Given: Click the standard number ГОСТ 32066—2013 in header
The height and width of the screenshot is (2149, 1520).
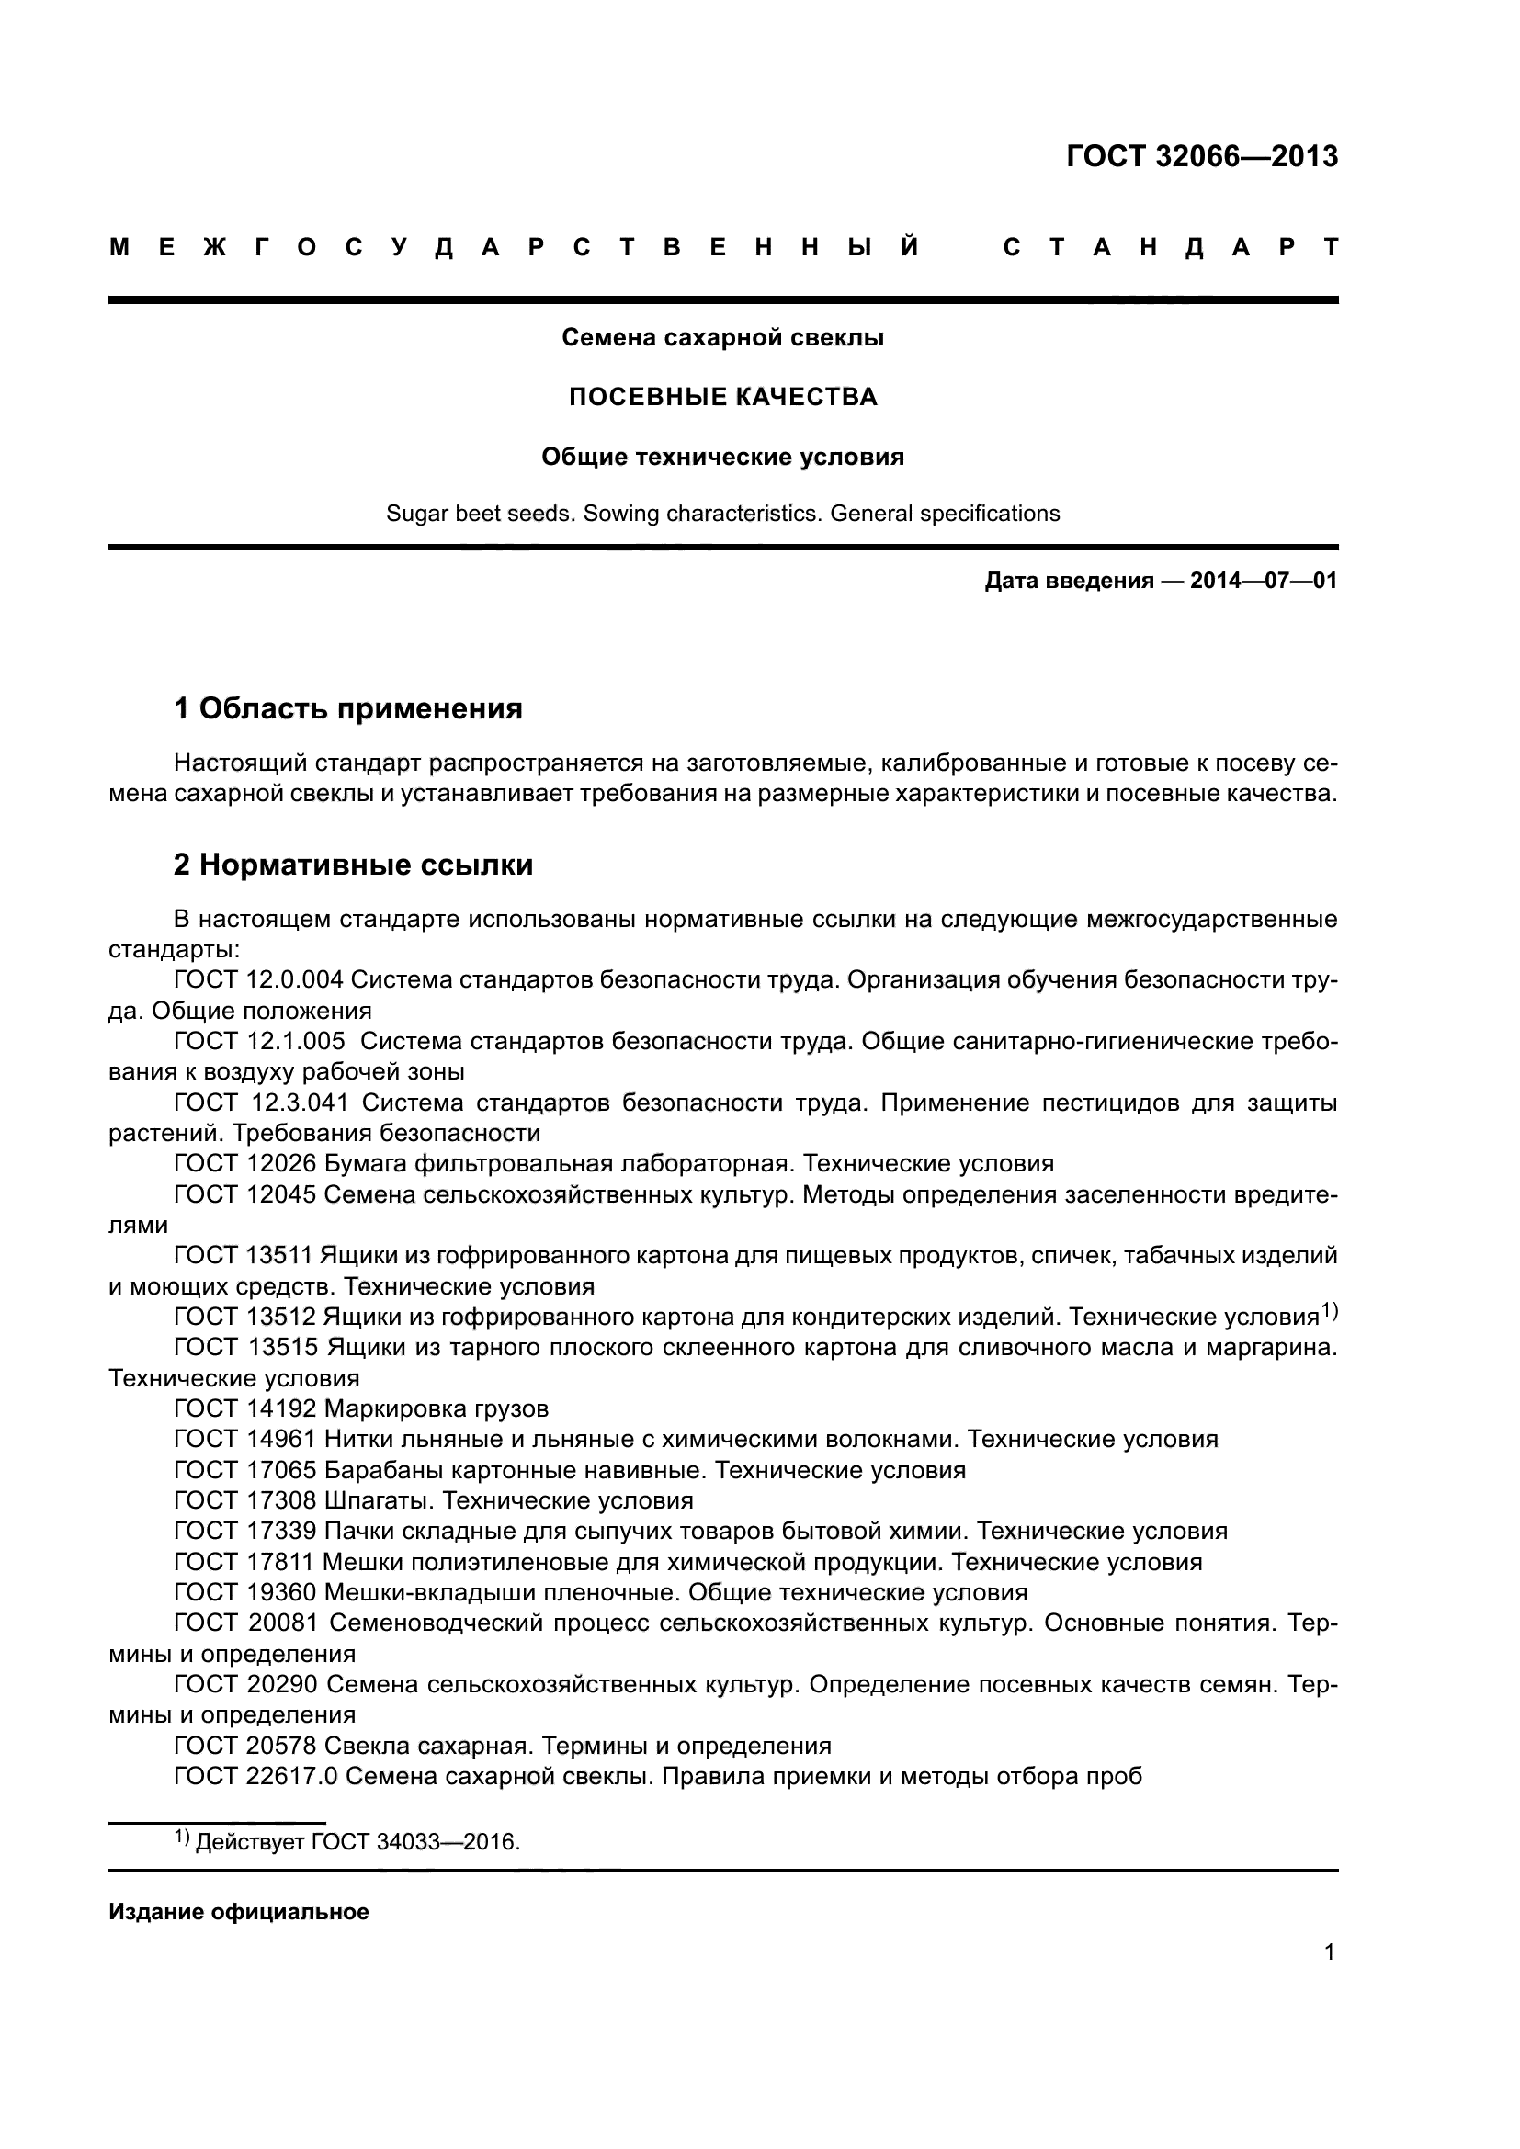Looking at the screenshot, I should (x=1202, y=156).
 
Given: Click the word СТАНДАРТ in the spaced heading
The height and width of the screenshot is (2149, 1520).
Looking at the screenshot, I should (x=1171, y=248).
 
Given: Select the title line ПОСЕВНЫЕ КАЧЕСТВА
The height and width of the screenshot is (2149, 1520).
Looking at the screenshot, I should (x=722, y=397).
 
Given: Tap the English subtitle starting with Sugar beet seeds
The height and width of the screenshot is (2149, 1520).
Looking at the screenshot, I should (x=722, y=514).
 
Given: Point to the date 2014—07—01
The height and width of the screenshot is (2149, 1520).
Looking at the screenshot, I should (x=1263, y=582).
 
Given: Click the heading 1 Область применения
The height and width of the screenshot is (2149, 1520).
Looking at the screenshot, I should (x=348, y=708).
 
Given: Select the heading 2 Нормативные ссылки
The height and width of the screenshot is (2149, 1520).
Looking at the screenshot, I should (x=353, y=864).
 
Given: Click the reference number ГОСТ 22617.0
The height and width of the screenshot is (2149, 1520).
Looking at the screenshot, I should (x=255, y=1776).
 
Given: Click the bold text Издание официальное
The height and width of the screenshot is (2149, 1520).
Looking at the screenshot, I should (x=239, y=1911).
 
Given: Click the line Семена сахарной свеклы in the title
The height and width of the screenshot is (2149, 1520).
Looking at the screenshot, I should (x=722, y=338).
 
